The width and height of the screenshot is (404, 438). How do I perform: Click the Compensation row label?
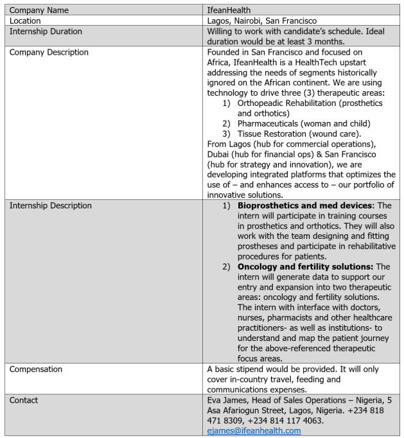point(36,369)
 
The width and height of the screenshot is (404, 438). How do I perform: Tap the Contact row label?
point(24,400)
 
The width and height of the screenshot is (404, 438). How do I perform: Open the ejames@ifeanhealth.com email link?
point(254,430)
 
